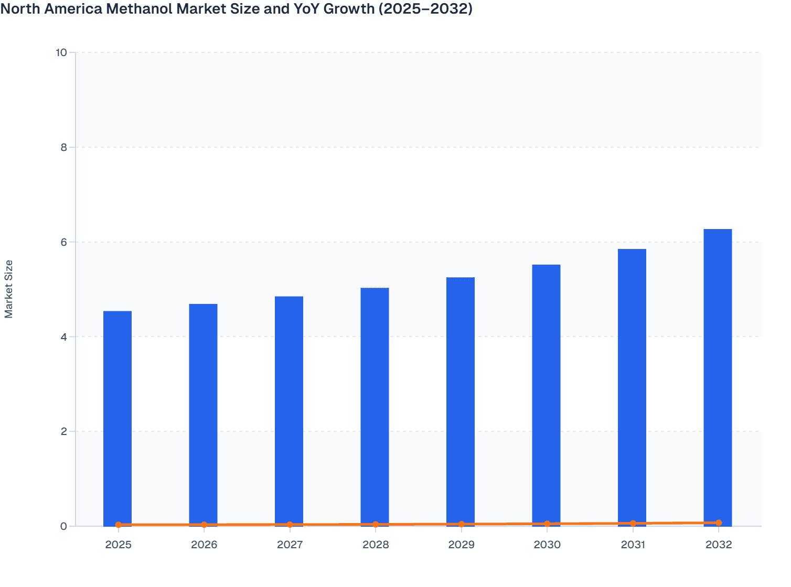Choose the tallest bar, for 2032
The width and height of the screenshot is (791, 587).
718,377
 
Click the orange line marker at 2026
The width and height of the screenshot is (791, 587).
204,525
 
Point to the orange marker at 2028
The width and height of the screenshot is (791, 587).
376,524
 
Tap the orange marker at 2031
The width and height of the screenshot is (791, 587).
633,524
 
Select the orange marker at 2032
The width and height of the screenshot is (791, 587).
719,523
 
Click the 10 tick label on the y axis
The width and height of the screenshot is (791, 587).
61,52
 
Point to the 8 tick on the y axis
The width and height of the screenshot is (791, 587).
63,147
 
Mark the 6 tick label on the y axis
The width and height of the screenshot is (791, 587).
63,242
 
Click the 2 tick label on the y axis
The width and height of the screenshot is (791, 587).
63,432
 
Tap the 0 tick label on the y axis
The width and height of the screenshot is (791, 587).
63,526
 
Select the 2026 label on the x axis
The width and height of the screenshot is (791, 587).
204,545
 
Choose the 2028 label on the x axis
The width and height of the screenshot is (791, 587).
376,545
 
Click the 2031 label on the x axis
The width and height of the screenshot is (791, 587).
633,545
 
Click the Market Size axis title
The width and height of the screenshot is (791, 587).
9,289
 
